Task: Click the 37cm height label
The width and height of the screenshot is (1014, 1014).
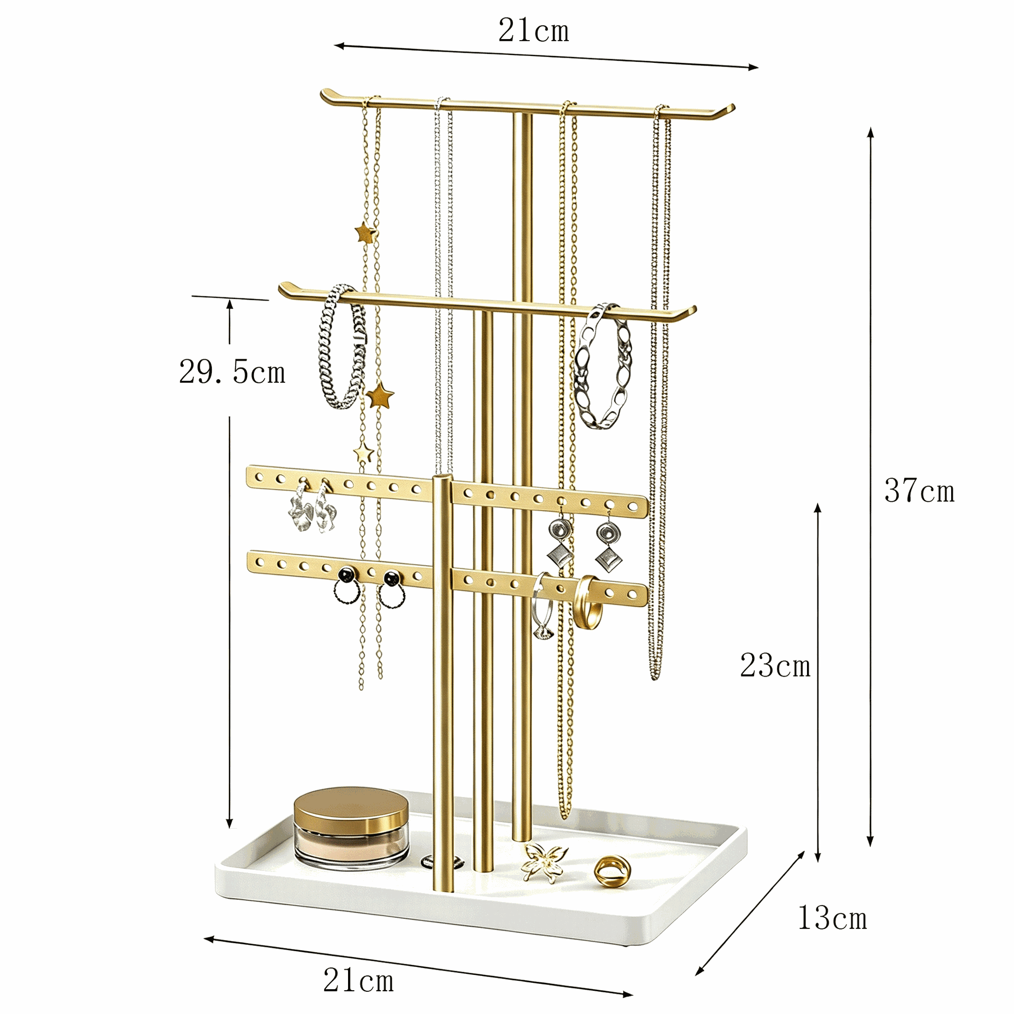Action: point(919,491)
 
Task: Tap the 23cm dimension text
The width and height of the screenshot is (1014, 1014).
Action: point(775,665)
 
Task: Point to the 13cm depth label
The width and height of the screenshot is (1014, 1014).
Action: point(832,917)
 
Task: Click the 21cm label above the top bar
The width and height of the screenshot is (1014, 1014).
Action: point(533,30)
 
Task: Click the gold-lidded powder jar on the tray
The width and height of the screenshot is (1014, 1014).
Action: point(351,828)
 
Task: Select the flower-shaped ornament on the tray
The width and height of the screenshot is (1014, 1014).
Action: point(544,862)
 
